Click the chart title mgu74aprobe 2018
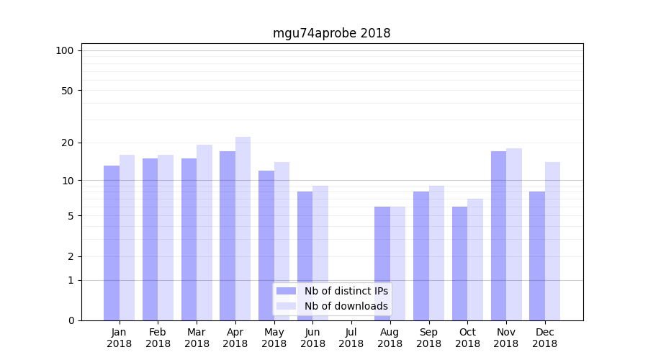click(331, 33)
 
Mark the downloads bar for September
click(436, 253)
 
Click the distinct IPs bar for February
click(150, 240)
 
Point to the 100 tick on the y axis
click(65, 50)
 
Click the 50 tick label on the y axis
click(68, 91)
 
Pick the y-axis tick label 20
click(68, 143)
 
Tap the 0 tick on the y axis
click(71, 320)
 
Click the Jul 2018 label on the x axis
click(351, 338)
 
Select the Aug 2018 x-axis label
click(390, 338)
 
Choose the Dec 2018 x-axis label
click(544, 338)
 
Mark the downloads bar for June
click(320, 253)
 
